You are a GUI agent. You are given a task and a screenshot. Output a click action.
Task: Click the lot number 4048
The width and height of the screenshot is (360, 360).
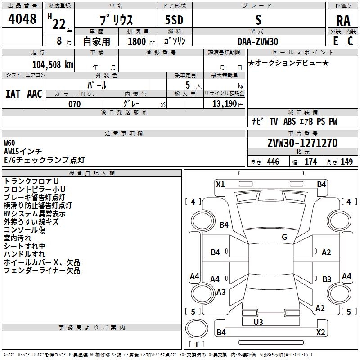[22, 19]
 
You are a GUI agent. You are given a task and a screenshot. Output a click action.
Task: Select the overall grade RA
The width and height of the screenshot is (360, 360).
[343, 21]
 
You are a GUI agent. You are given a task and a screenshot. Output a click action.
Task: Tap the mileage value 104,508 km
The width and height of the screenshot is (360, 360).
[53, 65]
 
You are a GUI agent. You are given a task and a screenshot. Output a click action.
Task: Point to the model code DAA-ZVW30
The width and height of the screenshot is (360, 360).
[258, 41]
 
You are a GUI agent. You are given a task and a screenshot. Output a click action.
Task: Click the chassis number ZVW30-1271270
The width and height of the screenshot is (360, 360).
[302, 143]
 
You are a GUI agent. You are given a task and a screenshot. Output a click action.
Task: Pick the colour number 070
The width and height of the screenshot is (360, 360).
[75, 104]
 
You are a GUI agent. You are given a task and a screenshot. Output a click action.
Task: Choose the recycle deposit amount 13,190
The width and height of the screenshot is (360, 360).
[224, 103]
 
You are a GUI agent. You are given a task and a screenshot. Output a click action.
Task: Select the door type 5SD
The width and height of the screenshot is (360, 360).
[174, 20]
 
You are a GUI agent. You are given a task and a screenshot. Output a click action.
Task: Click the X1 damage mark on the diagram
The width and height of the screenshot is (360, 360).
[220, 184]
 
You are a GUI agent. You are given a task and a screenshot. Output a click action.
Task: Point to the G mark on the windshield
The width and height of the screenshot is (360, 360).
[284, 237]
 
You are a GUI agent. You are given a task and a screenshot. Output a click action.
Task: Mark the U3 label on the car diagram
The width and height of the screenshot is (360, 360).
[258, 322]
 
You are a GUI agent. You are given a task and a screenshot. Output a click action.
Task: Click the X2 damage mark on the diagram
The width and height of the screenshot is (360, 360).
[320, 332]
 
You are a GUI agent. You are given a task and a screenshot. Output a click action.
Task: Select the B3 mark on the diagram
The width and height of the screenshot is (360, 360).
[327, 279]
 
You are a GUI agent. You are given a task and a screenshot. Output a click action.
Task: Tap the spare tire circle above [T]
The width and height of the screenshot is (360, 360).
[197, 328]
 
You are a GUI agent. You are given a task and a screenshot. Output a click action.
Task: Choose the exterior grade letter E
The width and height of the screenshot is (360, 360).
[336, 41]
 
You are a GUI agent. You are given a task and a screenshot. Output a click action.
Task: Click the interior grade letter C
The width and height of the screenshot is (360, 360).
[350, 41]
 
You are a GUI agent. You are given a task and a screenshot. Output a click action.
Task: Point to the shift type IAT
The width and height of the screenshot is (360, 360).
[13, 94]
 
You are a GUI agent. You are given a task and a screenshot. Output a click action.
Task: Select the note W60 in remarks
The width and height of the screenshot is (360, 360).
[9, 143]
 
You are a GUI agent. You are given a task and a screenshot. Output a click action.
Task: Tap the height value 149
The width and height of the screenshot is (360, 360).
[346, 162]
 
